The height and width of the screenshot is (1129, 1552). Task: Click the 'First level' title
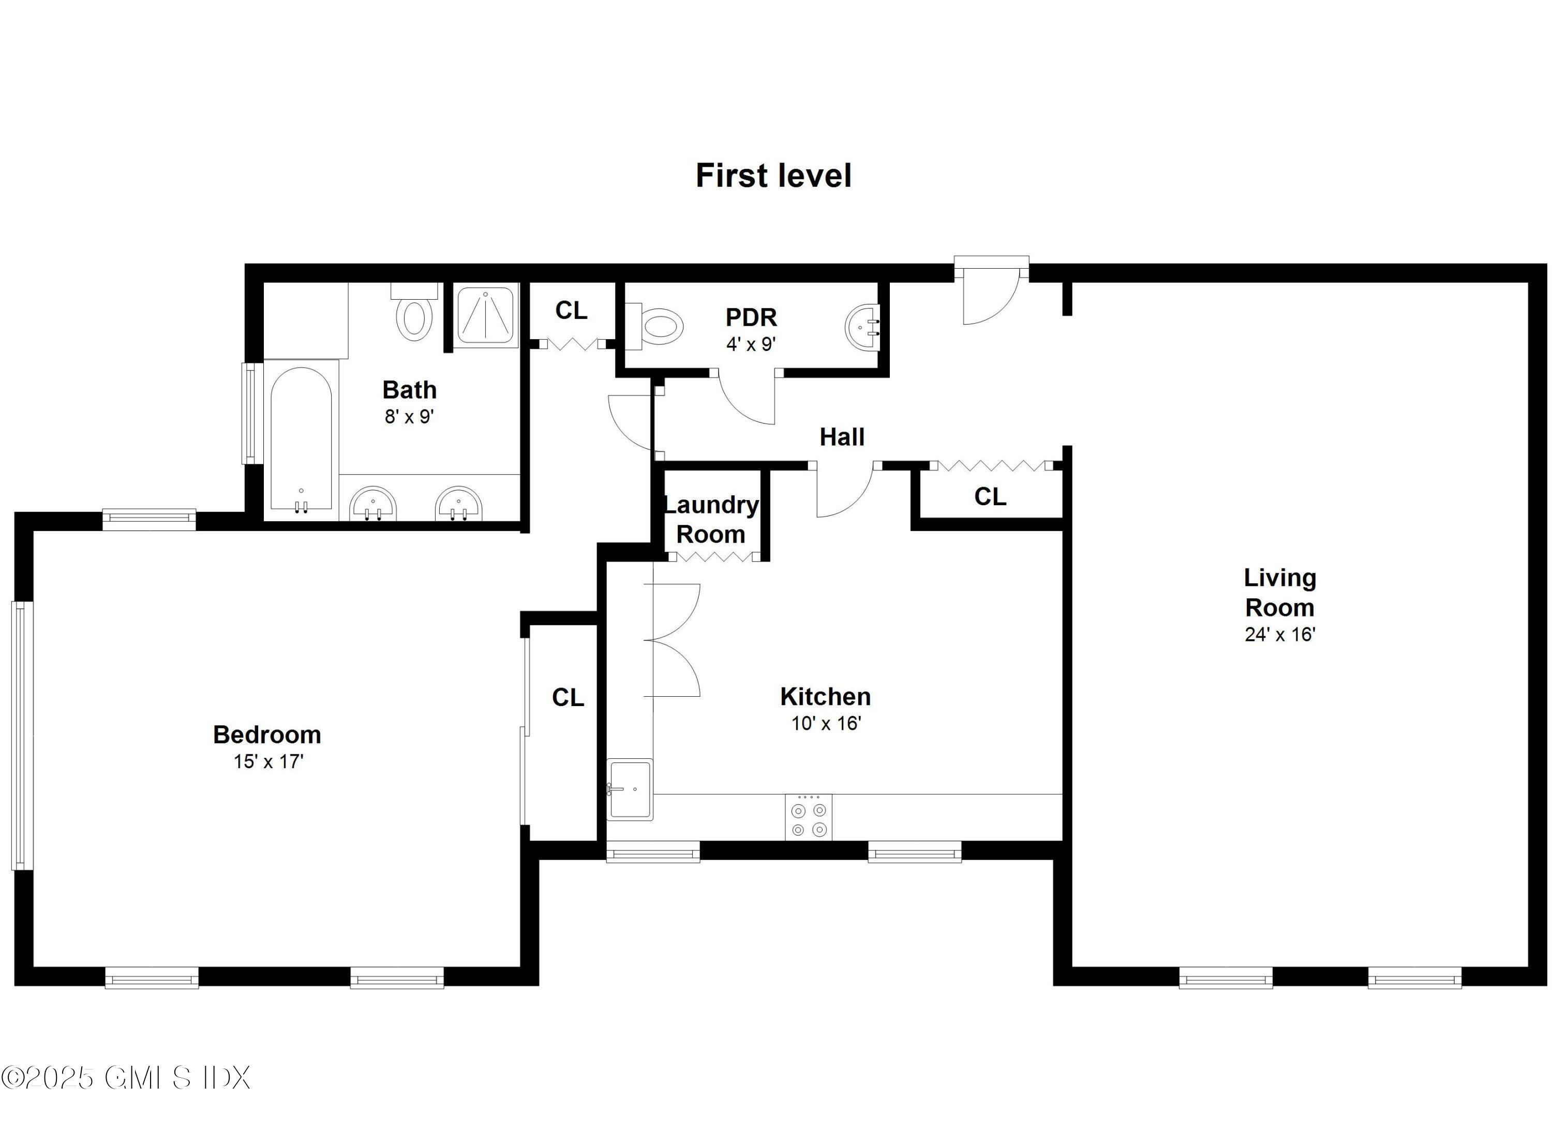tap(773, 176)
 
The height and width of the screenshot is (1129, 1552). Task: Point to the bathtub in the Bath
tap(301, 438)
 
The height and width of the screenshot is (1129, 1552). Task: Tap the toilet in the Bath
tap(414, 315)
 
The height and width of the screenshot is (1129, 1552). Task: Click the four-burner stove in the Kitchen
tap(809, 817)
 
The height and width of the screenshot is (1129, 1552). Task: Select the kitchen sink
tap(630, 789)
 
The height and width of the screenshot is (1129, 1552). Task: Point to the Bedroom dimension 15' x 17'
tap(268, 761)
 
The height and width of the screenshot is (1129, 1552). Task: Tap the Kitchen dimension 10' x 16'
tap(826, 723)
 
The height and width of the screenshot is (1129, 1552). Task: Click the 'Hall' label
tap(842, 437)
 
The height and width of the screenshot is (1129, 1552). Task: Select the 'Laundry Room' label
tap(711, 520)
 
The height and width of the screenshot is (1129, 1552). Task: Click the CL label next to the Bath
tap(571, 311)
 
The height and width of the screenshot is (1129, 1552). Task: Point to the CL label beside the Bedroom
tap(568, 698)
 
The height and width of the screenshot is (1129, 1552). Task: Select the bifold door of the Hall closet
tap(991, 465)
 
